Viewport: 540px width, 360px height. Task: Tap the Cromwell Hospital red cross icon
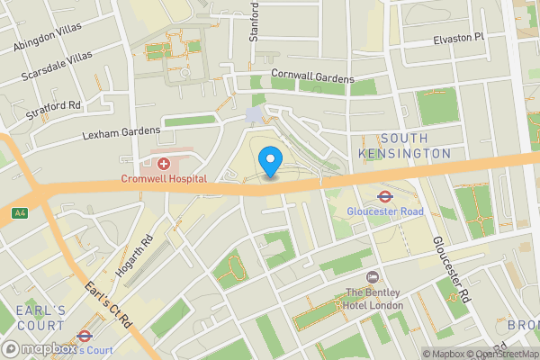(x=164, y=163)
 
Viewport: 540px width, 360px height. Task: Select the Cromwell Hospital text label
(x=164, y=178)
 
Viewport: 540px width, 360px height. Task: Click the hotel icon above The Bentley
(x=372, y=276)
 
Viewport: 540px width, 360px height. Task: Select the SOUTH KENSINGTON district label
(x=415, y=146)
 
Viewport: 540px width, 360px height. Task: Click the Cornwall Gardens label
(x=313, y=78)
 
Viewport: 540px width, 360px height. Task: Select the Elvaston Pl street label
(x=458, y=37)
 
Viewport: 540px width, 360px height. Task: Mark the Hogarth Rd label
(x=135, y=256)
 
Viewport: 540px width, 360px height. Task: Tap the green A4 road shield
(x=19, y=213)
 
